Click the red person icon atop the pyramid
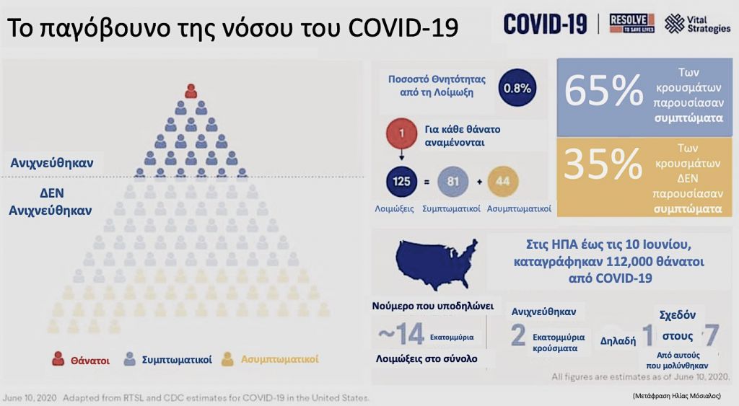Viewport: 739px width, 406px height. [x=191, y=91]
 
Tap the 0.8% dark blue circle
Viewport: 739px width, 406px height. [x=516, y=88]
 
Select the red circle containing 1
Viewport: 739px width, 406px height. [x=401, y=134]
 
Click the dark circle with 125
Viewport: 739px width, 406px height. [x=401, y=181]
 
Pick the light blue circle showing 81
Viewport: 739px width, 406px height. [x=453, y=181]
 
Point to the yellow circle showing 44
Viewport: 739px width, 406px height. [x=503, y=181]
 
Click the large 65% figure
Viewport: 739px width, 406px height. [x=603, y=92]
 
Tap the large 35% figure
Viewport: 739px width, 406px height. [x=603, y=165]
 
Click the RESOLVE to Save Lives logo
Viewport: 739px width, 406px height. [x=631, y=24]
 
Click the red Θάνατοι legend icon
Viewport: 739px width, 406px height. [x=59, y=358]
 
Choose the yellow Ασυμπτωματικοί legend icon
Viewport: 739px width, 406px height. [x=228, y=358]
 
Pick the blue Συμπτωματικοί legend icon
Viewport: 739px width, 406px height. [x=131, y=358]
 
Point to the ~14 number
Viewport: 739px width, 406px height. [x=401, y=335]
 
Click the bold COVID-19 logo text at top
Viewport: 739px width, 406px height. [x=546, y=24]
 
